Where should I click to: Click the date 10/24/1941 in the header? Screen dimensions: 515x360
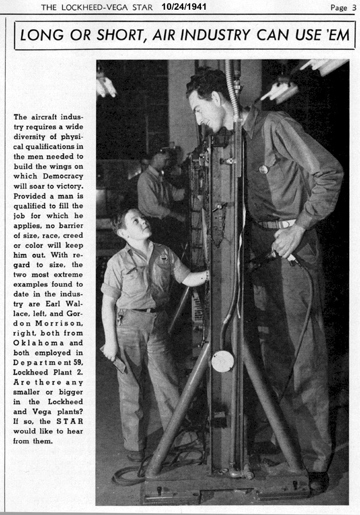tap(184, 7)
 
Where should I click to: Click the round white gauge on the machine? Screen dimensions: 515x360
tap(222, 360)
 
